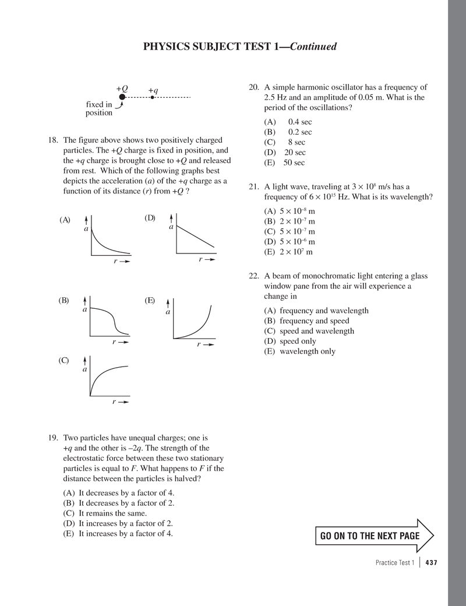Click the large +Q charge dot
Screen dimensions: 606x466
[122, 97]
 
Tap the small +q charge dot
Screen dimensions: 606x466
[152, 97]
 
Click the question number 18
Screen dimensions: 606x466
[55, 140]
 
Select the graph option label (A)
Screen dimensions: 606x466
[65, 220]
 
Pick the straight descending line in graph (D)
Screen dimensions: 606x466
[196, 238]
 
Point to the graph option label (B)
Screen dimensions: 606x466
[64, 301]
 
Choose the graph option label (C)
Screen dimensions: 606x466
[64, 360]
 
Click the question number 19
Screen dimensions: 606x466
[55, 438]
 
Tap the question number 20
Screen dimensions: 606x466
[253, 87]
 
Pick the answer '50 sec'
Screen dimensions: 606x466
[294, 163]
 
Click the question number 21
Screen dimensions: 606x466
[253, 186]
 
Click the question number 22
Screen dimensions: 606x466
[253, 276]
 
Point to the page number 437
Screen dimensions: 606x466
[431, 562]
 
